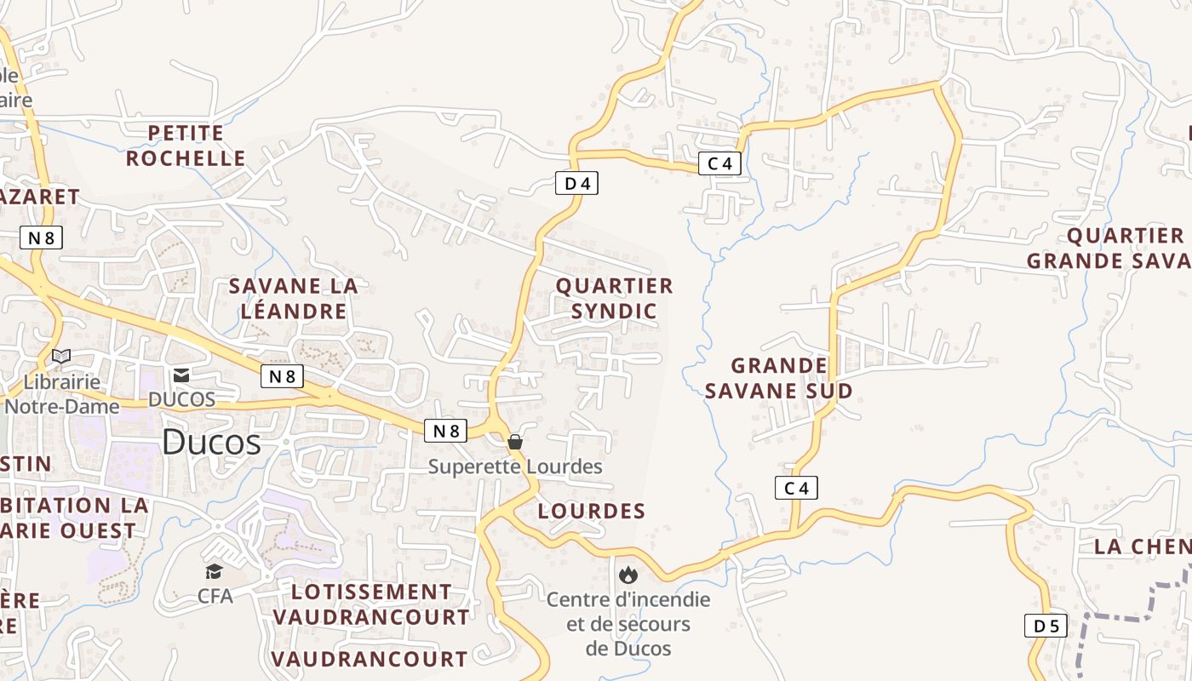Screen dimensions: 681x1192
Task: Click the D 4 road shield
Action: click(x=576, y=183)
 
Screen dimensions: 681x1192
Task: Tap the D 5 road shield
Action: click(x=1046, y=626)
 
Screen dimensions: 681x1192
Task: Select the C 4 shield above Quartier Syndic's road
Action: click(x=719, y=163)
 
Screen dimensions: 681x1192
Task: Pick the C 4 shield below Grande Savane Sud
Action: click(x=796, y=488)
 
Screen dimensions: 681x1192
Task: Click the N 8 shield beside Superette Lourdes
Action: click(x=445, y=431)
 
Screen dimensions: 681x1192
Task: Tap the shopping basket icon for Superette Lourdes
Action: click(x=515, y=442)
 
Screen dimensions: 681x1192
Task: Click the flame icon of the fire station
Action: click(x=628, y=575)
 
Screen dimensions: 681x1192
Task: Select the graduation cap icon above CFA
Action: click(x=214, y=571)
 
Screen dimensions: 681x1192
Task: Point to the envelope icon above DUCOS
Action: click(x=181, y=375)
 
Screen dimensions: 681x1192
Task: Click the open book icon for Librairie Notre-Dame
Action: click(x=61, y=356)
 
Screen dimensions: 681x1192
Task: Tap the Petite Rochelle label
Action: click(x=186, y=146)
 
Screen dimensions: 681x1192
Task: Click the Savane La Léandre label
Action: click(x=294, y=299)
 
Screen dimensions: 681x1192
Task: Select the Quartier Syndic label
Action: click(x=614, y=298)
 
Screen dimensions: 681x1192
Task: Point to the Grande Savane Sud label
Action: click(x=792, y=378)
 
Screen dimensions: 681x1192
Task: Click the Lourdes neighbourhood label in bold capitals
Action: click(x=592, y=511)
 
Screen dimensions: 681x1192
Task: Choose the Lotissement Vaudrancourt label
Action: click(x=371, y=604)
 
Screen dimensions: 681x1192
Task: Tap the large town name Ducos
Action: click(x=211, y=442)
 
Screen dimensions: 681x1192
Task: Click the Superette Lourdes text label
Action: click(x=515, y=466)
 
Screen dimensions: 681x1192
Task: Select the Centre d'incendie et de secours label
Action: click(x=628, y=623)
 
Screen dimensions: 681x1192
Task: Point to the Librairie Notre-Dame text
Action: click(x=61, y=394)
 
